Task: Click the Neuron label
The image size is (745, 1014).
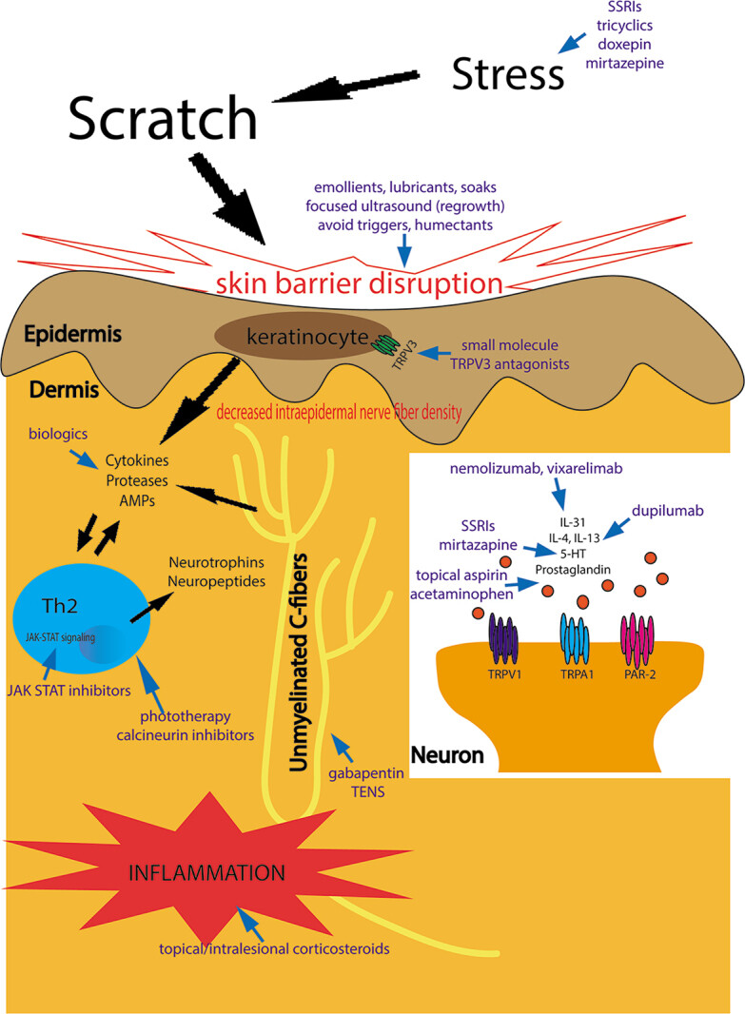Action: pyautogui.click(x=448, y=756)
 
